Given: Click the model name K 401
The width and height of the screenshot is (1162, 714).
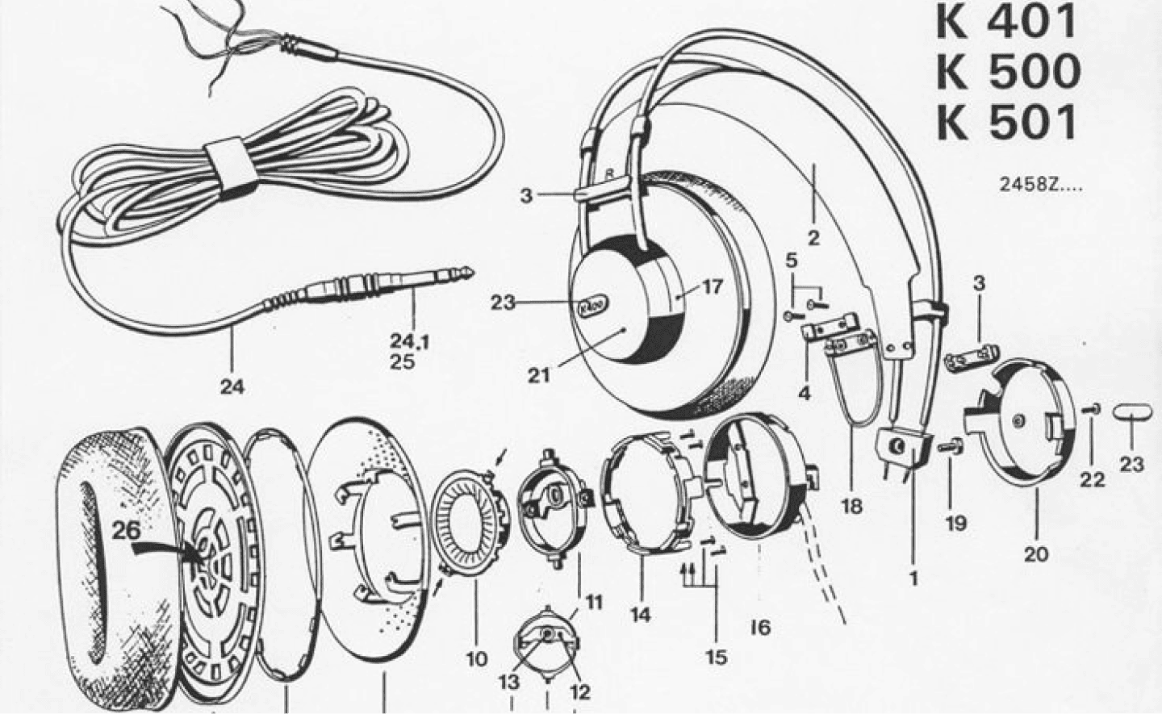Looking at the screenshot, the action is (1005, 23).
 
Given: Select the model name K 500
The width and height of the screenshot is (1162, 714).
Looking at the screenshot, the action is (1009, 72).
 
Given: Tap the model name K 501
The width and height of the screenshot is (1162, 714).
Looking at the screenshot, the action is (1005, 123).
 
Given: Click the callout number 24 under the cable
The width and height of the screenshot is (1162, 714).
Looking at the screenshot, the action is (232, 386).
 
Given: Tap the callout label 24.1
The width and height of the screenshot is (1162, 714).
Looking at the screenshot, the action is (410, 341).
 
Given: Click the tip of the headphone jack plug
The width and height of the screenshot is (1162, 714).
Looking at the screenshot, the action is (471, 271).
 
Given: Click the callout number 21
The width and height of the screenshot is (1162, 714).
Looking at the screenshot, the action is (539, 375).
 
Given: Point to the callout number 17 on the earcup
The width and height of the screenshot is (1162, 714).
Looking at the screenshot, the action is (711, 286).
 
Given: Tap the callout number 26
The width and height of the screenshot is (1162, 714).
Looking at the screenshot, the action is (127, 530).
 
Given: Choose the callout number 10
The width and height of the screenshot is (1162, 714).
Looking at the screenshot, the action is (477, 659).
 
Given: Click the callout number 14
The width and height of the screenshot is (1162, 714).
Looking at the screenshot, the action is (640, 615).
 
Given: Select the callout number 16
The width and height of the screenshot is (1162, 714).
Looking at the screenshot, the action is (760, 628).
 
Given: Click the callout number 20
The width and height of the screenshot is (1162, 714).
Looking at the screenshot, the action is (1036, 555).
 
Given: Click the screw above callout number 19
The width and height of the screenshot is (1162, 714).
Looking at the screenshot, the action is (951, 446).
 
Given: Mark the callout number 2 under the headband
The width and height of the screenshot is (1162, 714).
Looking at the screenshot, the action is (813, 238).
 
